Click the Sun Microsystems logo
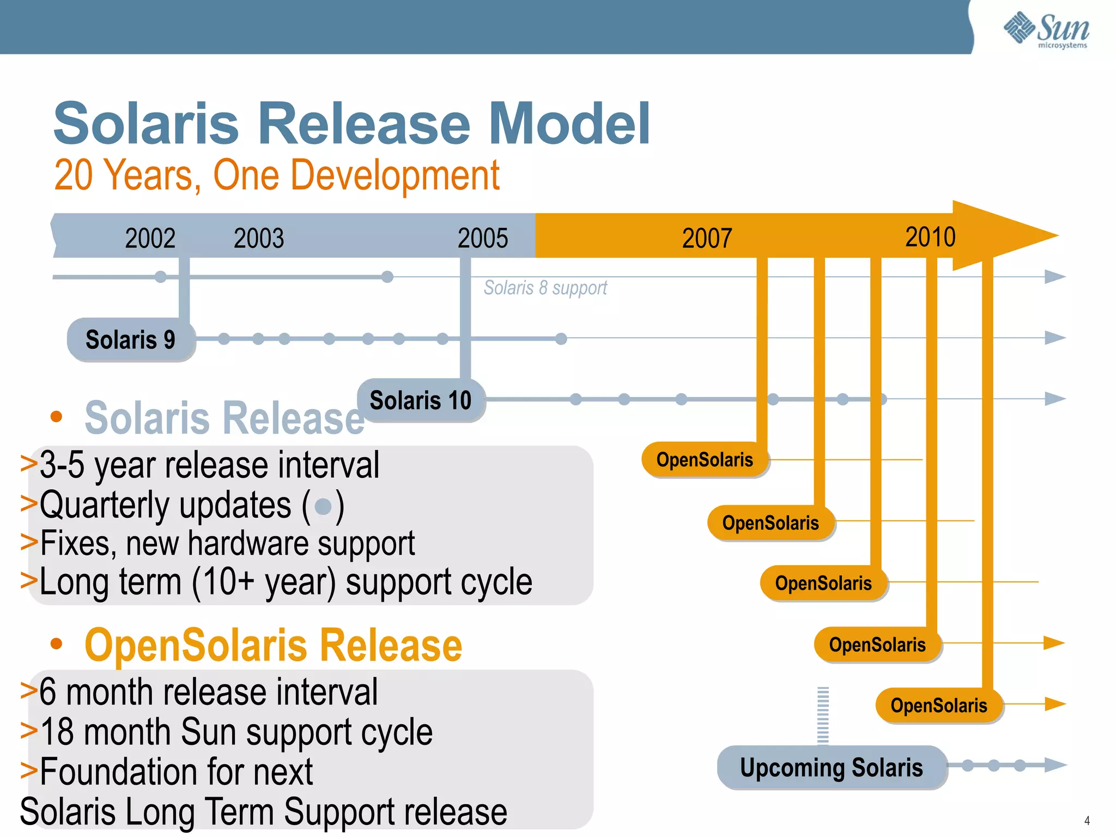pyautogui.click(x=1046, y=29)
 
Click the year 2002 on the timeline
pyautogui.click(x=150, y=238)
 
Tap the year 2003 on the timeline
pyautogui.click(x=259, y=238)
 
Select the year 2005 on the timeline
pyautogui.click(x=482, y=238)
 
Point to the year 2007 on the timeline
pyautogui.click(x=707, y=238)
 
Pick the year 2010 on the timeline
pyautogui.click(x=930, y=237)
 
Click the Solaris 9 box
pyautogui.click(x=131, y=339)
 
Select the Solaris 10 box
pyautogui.click(x=421, y=401)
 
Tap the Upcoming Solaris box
pyautogui.click(x=832, y=767)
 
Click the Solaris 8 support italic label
pyautogui.click(x=545, y=288)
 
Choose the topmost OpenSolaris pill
pyautogui.click(x=705, y=459)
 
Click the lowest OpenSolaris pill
pyautogui.click(x=938, y=705)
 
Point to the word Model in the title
pyautogui.click(x=569, y=124)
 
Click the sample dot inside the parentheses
pyautogui.click(x=323, y=507)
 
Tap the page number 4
pyautogui.click(x=1087, y=820)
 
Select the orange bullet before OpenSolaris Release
pyautogui.click(x=56, y=644)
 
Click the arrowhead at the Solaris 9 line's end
pyautogui.click(x=1054, y=338)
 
